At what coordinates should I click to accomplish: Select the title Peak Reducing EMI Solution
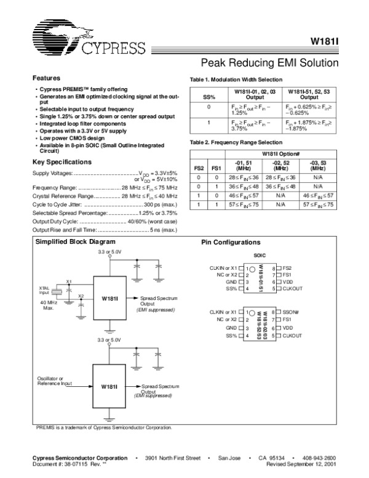270,63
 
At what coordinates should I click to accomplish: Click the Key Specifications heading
61,162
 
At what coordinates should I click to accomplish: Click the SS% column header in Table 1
209,97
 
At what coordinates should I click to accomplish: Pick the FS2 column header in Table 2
199,168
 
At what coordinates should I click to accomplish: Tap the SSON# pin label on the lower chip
293,312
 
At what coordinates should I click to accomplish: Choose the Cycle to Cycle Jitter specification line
105,203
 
